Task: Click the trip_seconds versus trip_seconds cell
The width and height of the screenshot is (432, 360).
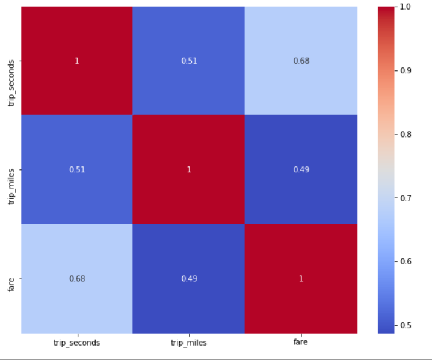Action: coord(76,60)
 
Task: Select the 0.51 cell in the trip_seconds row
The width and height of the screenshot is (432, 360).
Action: coord(189,60)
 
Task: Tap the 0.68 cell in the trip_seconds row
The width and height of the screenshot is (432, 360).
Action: coord(301,60)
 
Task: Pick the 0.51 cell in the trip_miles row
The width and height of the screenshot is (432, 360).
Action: coord(76,169)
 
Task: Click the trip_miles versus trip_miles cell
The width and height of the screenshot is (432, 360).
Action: coord(189,169)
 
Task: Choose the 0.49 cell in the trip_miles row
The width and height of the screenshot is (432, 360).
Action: coord(301,169)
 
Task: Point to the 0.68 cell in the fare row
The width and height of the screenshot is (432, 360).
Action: coord(76,278)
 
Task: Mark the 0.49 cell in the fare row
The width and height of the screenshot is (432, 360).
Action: coord(189,278)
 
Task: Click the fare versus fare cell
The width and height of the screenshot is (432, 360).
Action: coord(301,278)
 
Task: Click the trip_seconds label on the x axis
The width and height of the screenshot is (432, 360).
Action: coord(76,343)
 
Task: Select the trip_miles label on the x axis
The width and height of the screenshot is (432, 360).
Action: coord(189,343)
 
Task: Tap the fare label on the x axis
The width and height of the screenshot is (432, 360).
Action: coord(301,343)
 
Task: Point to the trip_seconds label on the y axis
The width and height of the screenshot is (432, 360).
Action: coord(12,61)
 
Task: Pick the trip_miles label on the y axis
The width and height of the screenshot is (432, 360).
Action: coord(12,169)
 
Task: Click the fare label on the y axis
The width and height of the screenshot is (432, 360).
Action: coord(12,278)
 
